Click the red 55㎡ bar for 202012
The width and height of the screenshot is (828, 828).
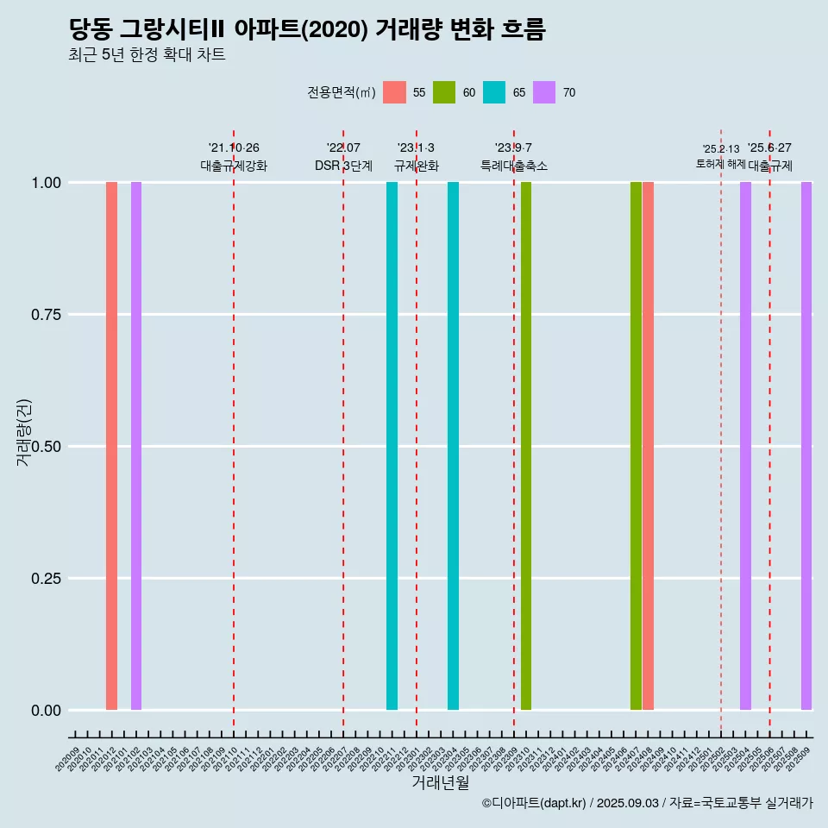click(x=111, y=446)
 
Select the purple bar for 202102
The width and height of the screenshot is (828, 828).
click(x=136, y=446)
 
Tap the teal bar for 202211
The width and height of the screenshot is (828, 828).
click(x=392, y=446)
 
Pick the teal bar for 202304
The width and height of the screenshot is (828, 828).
click(x=453, y=446)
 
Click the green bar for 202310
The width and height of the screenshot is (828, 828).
click(x=526, y=446)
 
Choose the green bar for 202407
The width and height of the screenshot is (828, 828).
click(x=636, y=446)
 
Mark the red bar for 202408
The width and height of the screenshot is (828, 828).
click(x=648, y=446)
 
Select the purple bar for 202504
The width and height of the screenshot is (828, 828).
click(x=745, y=446)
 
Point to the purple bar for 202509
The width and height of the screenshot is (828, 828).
click(x=806, y=446)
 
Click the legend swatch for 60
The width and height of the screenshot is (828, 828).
click(x=444, y=92)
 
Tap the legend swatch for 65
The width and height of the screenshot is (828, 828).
click(x=494, y=92)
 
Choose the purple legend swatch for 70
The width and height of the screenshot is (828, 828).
click(x=544, y=92)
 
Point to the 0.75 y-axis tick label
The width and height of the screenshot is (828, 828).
click(x=44, y=315)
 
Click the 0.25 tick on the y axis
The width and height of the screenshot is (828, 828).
click(x=44, y=579)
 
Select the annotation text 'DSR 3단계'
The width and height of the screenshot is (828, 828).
click(x=343, y=166)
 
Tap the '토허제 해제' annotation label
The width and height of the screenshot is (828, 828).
click(x=720, y=164)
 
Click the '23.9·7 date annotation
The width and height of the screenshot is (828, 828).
click(x=513, y=148)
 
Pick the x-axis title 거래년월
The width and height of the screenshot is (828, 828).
click(x=441, y=783)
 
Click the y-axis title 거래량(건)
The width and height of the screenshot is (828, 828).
click(x=24, y=431)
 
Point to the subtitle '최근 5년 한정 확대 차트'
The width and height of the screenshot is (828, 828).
click(x=147, y=55)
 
